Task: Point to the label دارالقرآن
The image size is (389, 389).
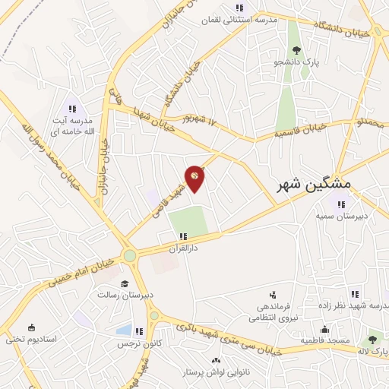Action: tap(182, 248)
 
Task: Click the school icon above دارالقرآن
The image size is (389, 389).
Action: tap(182, 236)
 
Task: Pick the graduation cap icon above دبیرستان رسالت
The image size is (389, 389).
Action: tap(125, 283)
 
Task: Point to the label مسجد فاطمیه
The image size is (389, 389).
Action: tap(324, 340)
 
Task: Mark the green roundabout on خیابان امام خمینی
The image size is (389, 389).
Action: tap(130, 255)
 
